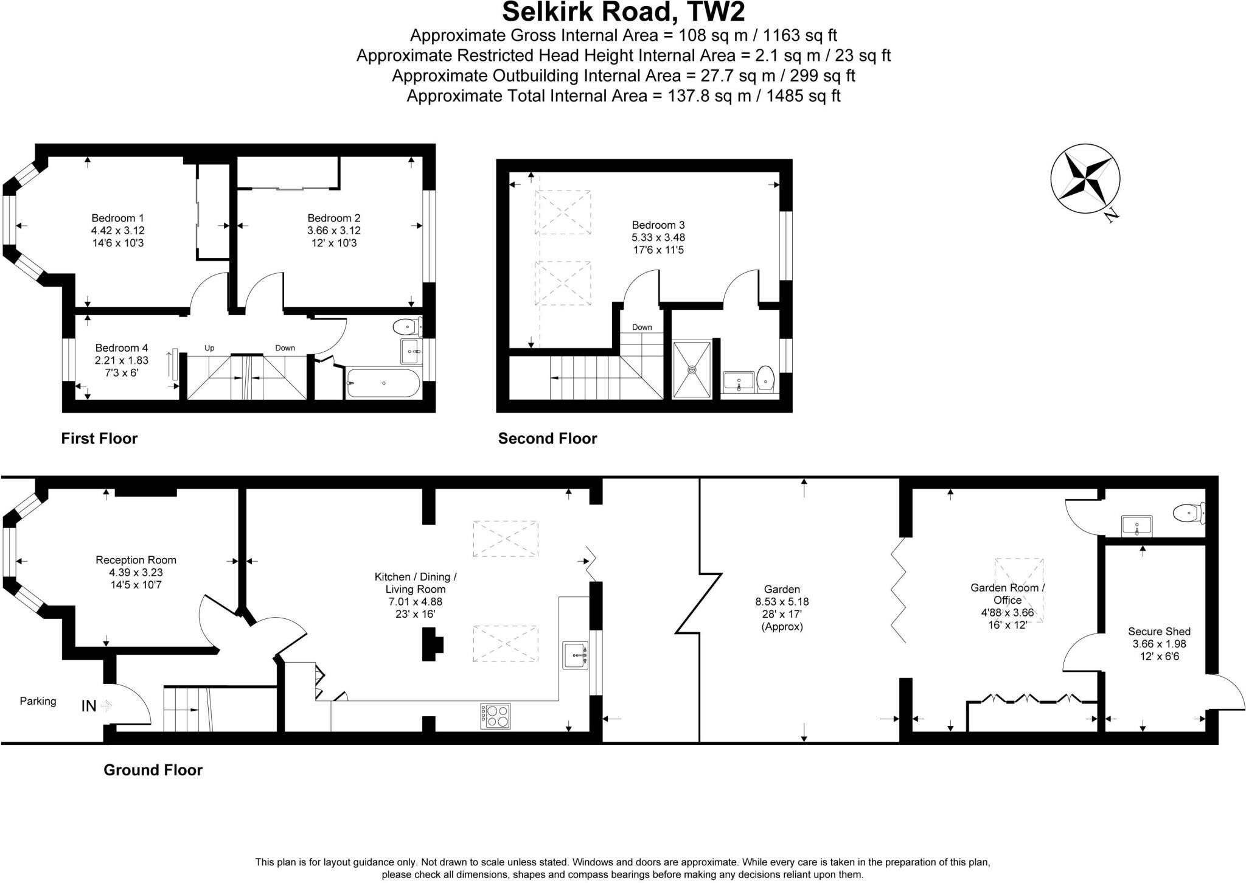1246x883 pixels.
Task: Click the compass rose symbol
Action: pos(1085,179)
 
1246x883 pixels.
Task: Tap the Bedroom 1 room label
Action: pos(117,218)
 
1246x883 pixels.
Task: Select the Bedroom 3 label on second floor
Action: pos(658,225)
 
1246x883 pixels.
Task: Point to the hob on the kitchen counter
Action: pos(495,716)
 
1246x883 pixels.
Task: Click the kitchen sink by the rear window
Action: pos(575,655)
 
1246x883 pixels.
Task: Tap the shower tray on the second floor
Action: pos(692,369)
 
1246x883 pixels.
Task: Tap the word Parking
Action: pos(38,701)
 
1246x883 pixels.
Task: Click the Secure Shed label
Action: pos(1159,632)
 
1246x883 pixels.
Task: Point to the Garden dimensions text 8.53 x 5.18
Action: pos(782,601)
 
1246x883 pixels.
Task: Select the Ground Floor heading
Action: pos(153,770)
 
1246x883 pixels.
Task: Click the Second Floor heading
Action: pos(547,438)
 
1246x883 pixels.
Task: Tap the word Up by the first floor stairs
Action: pos(209,348)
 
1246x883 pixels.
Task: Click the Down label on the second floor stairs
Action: pos(641,327)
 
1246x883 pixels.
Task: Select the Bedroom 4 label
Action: pos(122,347)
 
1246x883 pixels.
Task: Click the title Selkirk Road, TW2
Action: pos(623,12)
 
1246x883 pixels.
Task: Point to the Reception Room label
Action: pos(136,559)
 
